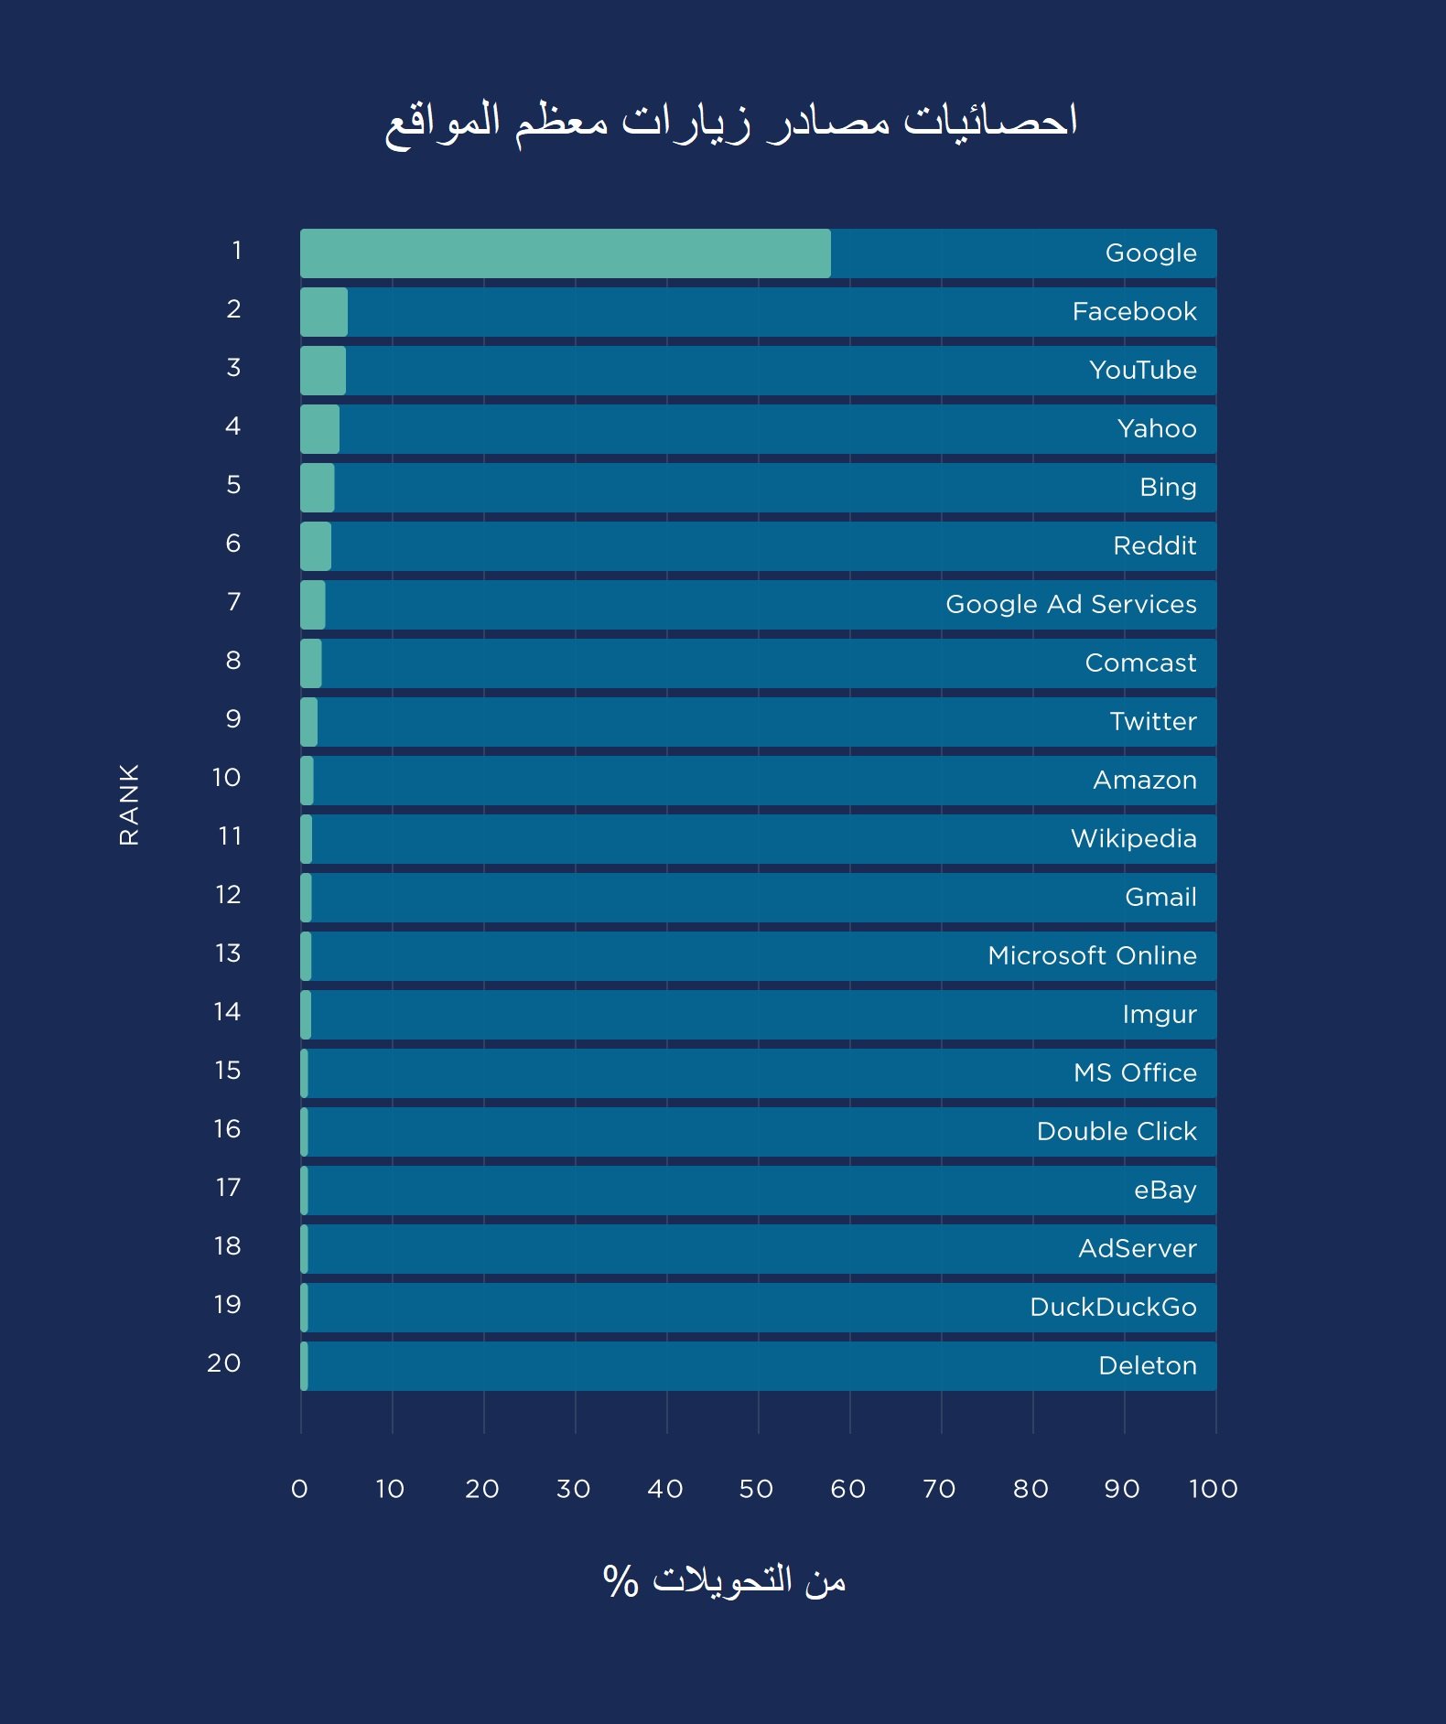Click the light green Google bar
(x=565, y=253)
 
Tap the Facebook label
(x=1134, y=312)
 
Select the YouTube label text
(x=1142, y=371)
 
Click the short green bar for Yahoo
(x=319, y=429)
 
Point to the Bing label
(x=1168, y=488)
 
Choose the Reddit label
(x=1154, y=546)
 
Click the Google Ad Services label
(x=1071, y=605)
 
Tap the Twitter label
(x=1153, y=722)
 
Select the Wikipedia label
(x=1133, y=839)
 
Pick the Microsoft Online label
(x=1092, y=956)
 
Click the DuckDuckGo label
(x=1113, y=1308)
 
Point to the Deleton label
(x=1147, y=1366)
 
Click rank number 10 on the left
(x=226, y=778)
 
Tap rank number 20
(x=224, y=1363)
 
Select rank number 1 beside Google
(x=236, y=251)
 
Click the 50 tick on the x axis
(x=756, y=1490)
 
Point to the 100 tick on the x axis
(x=1213, y=1490)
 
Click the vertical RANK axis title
(x=129, y=804)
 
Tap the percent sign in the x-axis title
(x=620, y=1581)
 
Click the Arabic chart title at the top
(x=730, y=123)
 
